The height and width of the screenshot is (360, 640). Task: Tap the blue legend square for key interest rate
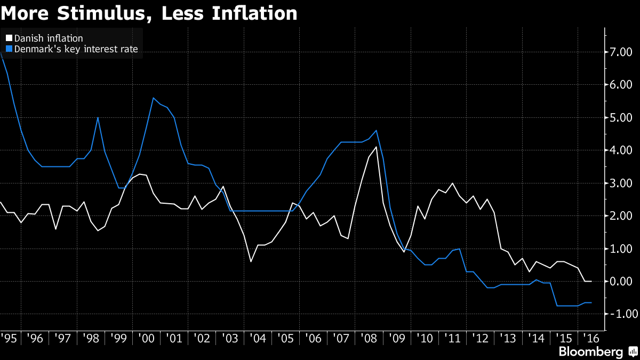click(9, 49)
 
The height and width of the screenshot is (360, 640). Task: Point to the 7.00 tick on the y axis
click(621, 52)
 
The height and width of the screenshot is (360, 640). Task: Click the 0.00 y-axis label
click(621, 281)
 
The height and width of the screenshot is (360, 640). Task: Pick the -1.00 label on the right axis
click(620, 314)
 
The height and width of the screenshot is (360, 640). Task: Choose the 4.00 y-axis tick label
click(621, 150)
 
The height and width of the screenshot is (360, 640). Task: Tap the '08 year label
click(369, 338)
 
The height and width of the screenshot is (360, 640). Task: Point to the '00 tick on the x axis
click(146, 338)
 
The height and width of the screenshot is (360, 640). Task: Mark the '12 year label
click(481, 338)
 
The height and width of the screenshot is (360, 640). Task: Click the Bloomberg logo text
click(590, 351)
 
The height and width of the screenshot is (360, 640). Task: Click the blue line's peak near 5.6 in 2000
click(154, 98)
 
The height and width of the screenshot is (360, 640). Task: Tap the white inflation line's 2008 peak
click(377, 147)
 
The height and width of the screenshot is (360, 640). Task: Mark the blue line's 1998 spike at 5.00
click(98, 117)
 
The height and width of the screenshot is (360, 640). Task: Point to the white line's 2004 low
click(251, 261)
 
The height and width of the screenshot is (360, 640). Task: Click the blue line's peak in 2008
click(377, 130)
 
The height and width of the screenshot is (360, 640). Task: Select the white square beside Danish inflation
click(9, 38)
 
